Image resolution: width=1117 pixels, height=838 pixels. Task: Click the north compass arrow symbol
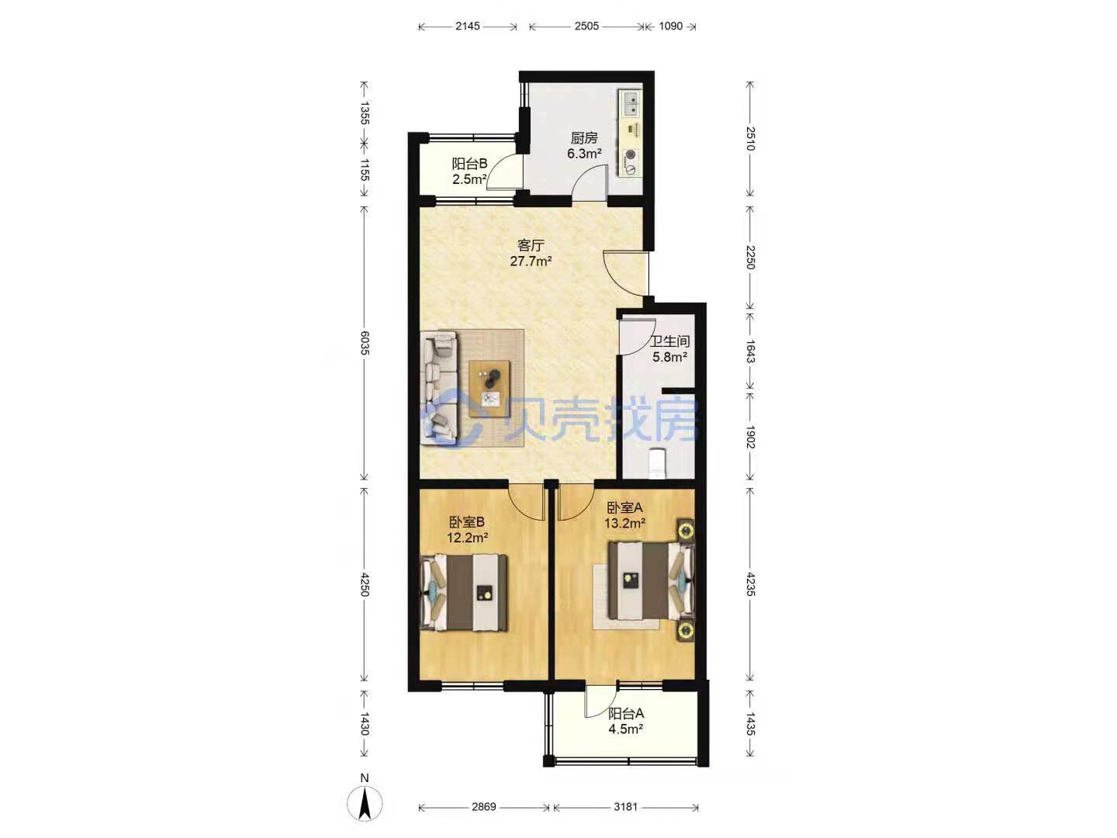[365, 802]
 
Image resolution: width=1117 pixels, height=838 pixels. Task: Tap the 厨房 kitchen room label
[583, 138]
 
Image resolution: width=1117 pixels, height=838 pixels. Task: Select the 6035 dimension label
[365, 343]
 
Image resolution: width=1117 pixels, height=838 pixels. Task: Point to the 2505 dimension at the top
[586, 26]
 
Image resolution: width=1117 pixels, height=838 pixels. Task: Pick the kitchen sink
[631, 104]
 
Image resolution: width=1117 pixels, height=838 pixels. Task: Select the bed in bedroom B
[464, 592]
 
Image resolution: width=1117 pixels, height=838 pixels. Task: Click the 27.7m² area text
[531, 261]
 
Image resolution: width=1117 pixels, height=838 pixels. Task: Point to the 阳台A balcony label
[625, 713]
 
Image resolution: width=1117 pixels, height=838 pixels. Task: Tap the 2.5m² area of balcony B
[469, 179]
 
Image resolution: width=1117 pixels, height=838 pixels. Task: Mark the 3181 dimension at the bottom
[625, 806]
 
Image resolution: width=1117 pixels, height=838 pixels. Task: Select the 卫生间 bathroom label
[669, 341]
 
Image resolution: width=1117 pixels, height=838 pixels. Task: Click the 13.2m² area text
[625, 522]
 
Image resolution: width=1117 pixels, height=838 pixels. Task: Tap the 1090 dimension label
[670, 26]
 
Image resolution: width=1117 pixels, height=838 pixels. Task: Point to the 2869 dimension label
[483, 806]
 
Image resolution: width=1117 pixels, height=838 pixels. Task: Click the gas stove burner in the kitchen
[631, 154]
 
